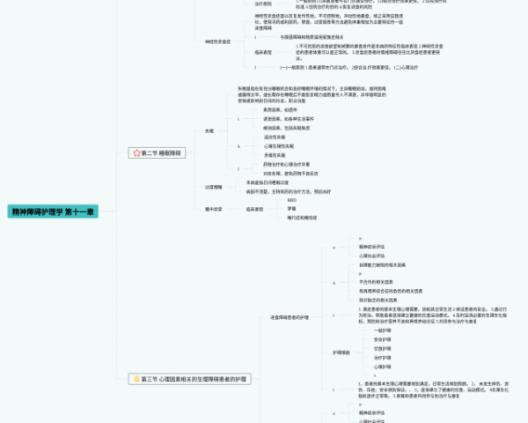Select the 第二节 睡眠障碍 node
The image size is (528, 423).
(162, 152)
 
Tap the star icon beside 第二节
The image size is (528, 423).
(136, 152)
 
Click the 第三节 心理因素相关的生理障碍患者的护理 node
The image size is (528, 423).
(194, 379)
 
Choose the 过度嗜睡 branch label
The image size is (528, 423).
(212, 187)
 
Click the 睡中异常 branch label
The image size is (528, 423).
(212, 209)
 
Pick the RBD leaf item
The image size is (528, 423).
(292, 200)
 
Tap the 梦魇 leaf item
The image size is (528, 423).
(291, 209)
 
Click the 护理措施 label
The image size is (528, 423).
(341, 352)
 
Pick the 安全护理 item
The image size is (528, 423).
(370, 338)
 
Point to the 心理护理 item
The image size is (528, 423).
(370, 366)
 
